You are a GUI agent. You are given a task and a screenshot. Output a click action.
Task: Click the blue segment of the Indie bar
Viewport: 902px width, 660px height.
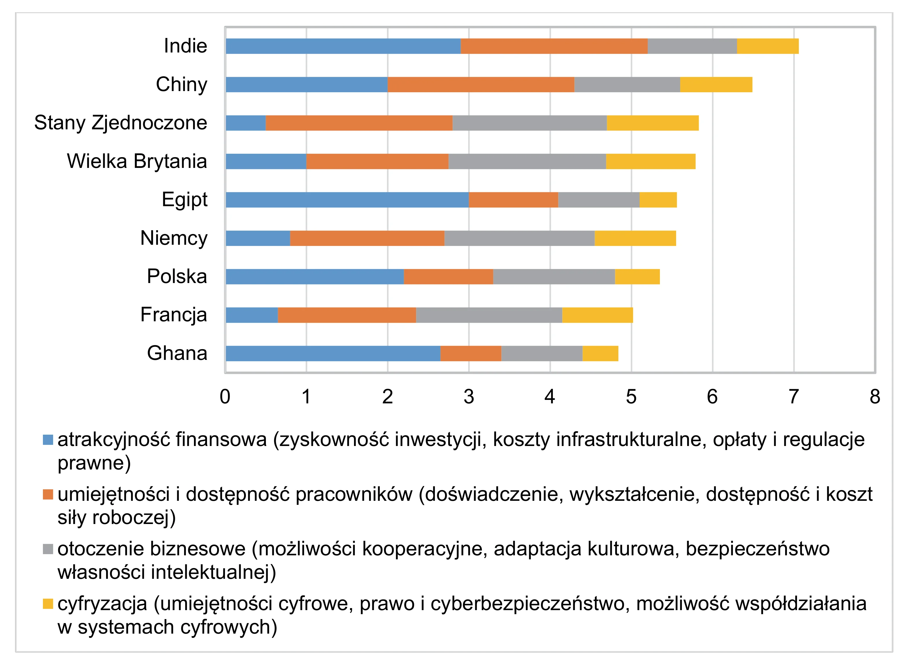343,46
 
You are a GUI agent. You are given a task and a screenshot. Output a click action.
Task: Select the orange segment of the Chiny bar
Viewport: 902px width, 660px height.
481,84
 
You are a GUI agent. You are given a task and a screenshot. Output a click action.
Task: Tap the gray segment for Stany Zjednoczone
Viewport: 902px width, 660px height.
530,123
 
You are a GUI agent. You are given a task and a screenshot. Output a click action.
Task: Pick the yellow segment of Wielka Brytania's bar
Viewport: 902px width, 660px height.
651,161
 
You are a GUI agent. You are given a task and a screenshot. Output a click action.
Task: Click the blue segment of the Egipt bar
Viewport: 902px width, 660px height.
347,199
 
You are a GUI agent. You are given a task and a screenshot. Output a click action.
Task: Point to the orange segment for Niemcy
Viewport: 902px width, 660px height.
367,238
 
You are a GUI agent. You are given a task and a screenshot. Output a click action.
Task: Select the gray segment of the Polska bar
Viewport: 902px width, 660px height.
554,276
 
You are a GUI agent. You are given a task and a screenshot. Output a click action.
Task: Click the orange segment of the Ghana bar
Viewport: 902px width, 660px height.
471,353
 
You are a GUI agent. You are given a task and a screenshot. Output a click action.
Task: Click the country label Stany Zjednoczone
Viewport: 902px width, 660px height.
121,123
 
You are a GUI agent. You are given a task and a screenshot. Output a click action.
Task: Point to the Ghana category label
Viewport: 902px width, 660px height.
177,353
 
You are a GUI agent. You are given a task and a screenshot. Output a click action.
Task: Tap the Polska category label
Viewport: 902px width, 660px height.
177,276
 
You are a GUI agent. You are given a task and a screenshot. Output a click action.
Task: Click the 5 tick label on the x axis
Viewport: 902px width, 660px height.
631,397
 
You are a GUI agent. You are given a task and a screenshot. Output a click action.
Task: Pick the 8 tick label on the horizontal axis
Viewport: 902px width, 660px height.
875,397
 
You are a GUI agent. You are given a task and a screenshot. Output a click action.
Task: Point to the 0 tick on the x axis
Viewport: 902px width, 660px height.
225,397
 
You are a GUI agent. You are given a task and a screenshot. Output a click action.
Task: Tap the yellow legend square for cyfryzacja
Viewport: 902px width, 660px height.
48,604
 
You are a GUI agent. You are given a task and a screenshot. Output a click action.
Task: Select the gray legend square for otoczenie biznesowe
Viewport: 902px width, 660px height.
48,549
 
